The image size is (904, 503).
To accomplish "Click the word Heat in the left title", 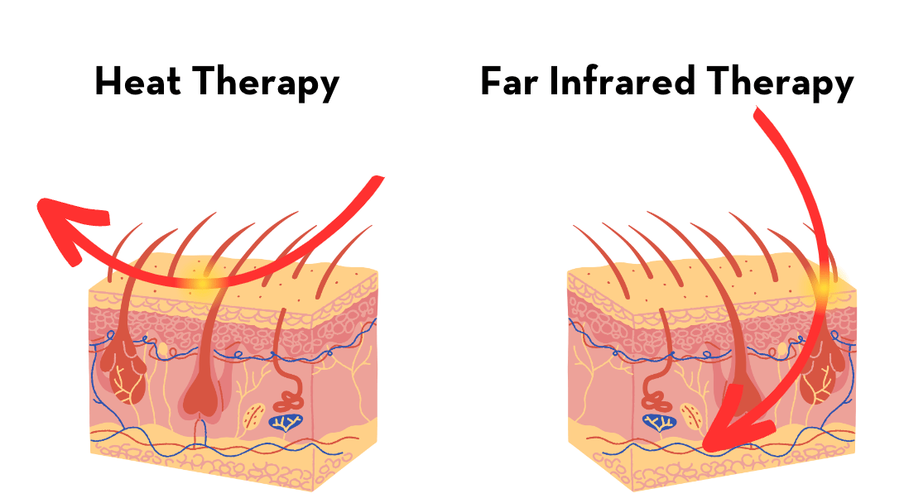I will click(138, 83).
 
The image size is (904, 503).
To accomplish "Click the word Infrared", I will click(616, 83).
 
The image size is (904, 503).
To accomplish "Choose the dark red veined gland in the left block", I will click(123, 372).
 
